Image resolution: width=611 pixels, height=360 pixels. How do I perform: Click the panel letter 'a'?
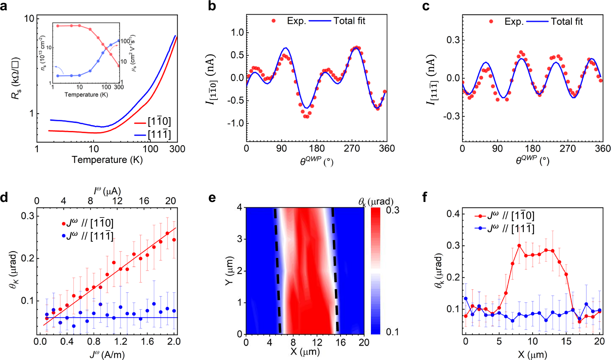[x=4, y=6]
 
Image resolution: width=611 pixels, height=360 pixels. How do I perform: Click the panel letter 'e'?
[x=212, y=198]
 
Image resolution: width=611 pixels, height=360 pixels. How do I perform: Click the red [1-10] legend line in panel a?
[x=140, y=123]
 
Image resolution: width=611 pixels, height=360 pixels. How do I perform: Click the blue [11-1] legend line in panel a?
[x=140, y=135]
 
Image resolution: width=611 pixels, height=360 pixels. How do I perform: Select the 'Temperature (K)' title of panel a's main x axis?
[x=107, y=160]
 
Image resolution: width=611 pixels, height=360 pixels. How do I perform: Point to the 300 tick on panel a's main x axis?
[x=177, y=149]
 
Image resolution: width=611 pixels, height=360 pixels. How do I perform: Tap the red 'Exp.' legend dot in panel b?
[x=273, y=21]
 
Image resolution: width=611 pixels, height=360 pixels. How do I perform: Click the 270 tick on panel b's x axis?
[x=352, y=148]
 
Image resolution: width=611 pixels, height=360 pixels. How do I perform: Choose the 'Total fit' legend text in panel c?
[x=567, y=21]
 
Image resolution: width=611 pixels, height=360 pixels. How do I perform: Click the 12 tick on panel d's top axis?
[x=117, y=201]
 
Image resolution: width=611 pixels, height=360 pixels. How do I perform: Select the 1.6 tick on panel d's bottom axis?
[x=147, y=342]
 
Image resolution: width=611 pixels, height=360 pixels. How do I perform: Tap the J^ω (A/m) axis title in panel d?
[x=107, y=355]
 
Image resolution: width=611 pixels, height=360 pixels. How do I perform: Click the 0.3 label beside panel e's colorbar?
[x=392, y=210]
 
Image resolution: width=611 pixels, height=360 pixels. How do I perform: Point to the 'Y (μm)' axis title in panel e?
[x=229, y=270]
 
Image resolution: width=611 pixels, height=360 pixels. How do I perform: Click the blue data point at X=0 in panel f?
[x=465, y=299]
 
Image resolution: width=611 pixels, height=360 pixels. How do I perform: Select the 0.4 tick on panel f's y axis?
[x=452, y=214]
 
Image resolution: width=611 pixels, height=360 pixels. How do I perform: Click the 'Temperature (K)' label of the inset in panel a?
[x=86, y=95]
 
